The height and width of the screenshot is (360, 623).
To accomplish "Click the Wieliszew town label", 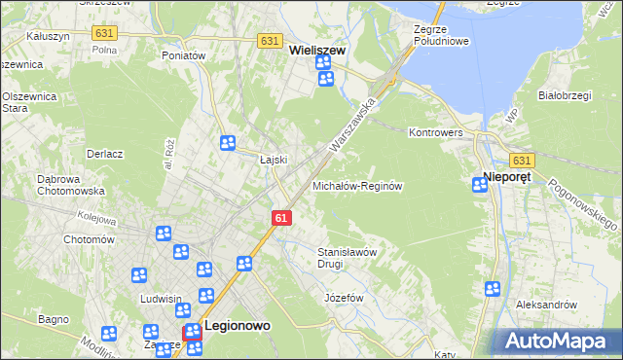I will [318, 45].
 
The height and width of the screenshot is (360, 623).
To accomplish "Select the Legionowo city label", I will [238, 327].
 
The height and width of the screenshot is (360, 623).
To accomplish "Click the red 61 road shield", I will [280, 218].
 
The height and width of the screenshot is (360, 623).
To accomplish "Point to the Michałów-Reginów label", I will [357, 185].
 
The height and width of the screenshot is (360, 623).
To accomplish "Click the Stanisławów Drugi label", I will [348, 257].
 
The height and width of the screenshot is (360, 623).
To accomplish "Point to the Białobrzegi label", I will [567, 95].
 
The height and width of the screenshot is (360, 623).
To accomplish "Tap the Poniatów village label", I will [184, 55].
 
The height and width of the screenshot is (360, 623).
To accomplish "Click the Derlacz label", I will [104, 154].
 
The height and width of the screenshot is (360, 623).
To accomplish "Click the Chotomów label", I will [89, 238].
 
